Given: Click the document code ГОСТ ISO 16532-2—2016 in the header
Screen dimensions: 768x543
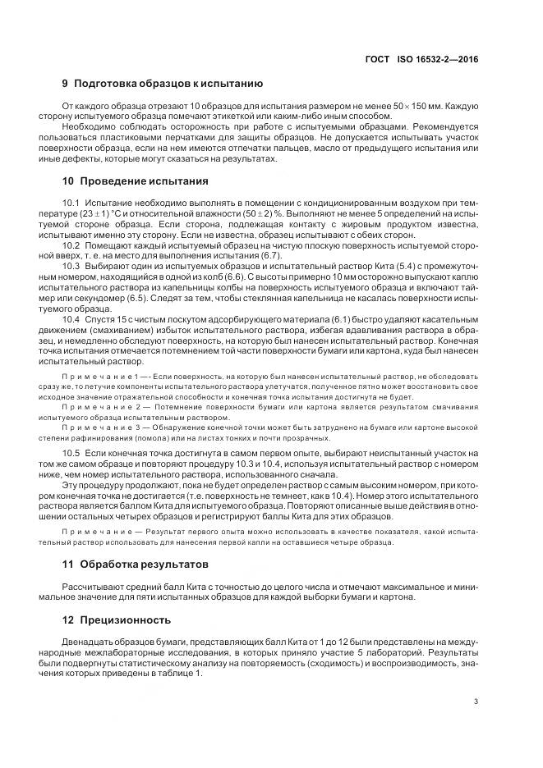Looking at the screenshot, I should [x=421, y=60].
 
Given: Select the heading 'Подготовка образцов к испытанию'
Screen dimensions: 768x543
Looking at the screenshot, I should [x=168, y=85].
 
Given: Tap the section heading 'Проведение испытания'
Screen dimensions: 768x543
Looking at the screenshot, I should [x=140, y=181].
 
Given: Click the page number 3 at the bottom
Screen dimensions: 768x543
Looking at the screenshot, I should [x=476, y=701].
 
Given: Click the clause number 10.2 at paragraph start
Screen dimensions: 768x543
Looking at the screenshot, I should [x=71, y=245].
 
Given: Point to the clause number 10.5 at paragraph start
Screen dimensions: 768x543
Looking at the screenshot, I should [x=71, y=453].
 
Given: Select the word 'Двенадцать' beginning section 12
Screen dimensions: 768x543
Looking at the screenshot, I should [x=89, y=641].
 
